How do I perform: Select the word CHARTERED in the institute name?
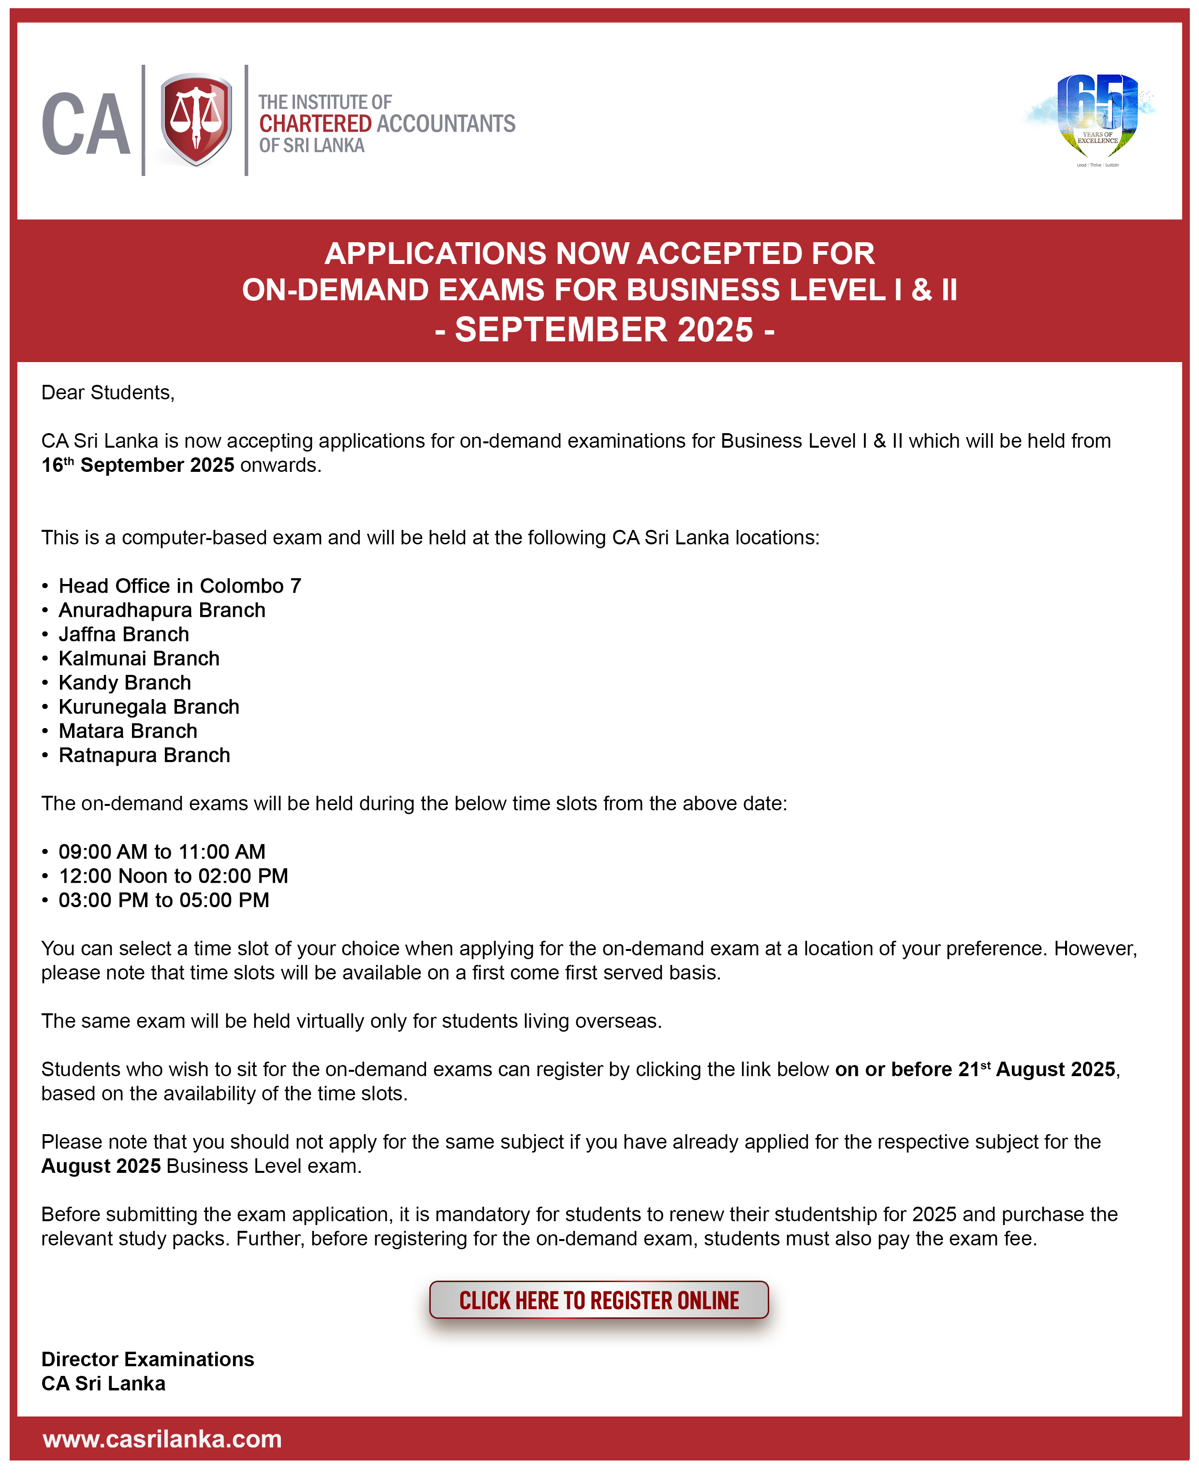click(315, 124)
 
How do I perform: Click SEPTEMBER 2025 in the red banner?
click(604, 329)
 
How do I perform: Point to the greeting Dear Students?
click(108, 392)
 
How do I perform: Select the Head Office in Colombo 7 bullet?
click(179, 585)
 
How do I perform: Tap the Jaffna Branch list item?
click(124, 634)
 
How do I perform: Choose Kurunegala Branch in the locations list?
click(148, 706)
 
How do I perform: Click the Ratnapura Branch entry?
click(145, 755)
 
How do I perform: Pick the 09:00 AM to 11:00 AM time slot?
click(161, 851)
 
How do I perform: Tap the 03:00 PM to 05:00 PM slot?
click(164, 900)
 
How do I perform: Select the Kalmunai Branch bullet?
click(139, 658)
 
